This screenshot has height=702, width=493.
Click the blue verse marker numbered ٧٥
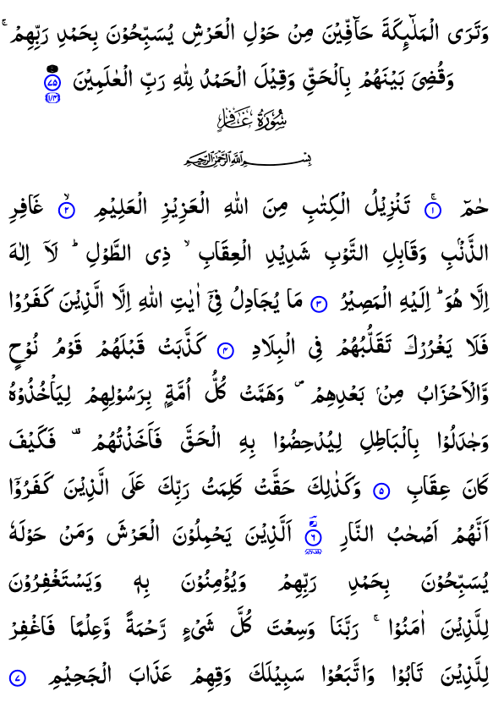52,82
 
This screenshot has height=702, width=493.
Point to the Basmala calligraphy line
248,159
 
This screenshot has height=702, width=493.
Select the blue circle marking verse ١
433,211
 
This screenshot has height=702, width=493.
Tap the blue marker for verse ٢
66,211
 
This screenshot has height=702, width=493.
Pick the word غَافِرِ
25,211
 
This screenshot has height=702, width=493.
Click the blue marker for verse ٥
381,491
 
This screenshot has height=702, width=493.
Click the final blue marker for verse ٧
18,677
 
